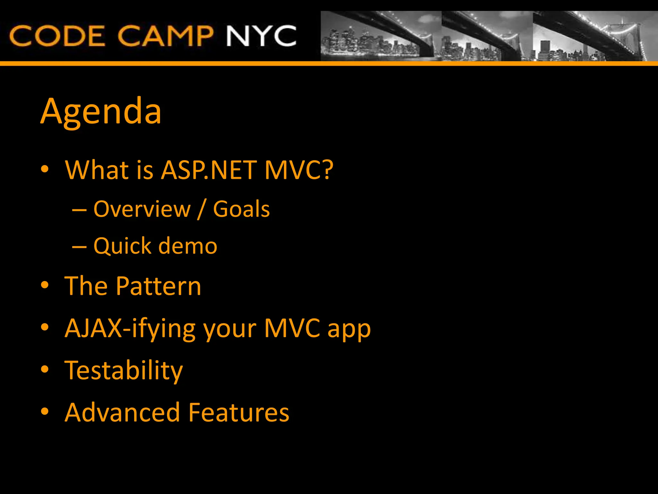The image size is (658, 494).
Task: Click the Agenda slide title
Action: [x=101, y=111]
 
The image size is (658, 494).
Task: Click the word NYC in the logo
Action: [x=261, y=36]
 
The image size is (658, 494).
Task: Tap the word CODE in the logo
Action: [x=57, y=36]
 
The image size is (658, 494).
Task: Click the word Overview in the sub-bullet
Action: [x=142, y=209]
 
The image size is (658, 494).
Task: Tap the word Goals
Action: [x=241, y=209]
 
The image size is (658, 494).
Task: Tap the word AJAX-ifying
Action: [x=130, y=329]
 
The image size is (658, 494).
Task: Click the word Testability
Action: [x=124, y=370]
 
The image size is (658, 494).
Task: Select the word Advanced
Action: [x=122, y=412]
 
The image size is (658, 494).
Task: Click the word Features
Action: [x=239, y=412]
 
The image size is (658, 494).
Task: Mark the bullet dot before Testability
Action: [x=45, y=370]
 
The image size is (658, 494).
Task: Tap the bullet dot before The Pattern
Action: [x=45, y=285]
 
